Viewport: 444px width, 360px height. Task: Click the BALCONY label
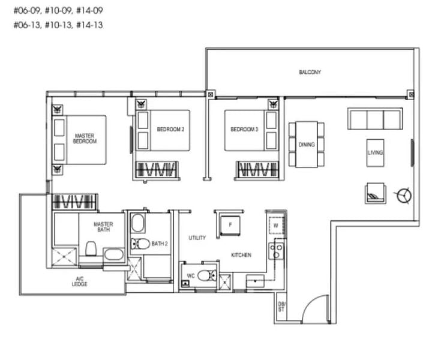tap(310, 73)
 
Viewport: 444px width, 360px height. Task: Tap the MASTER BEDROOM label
tap(85, 139)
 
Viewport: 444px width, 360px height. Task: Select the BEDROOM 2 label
tap(170, 130)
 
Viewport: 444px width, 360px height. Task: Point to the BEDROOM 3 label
tap(244, 130)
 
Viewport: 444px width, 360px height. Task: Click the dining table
tap(307, 144)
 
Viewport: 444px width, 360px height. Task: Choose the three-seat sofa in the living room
tap(376, 119)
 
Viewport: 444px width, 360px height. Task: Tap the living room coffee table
tap(376, 152)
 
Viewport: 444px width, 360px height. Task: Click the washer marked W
tap(276, 225)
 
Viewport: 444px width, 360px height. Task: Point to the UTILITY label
tap(197, 238)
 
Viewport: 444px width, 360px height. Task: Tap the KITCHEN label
tap(241, 255)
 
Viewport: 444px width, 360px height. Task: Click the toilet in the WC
tap(206, 276)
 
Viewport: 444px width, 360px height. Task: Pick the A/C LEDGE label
tap(79, 281)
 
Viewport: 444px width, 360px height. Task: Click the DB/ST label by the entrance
tap(282, 307)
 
